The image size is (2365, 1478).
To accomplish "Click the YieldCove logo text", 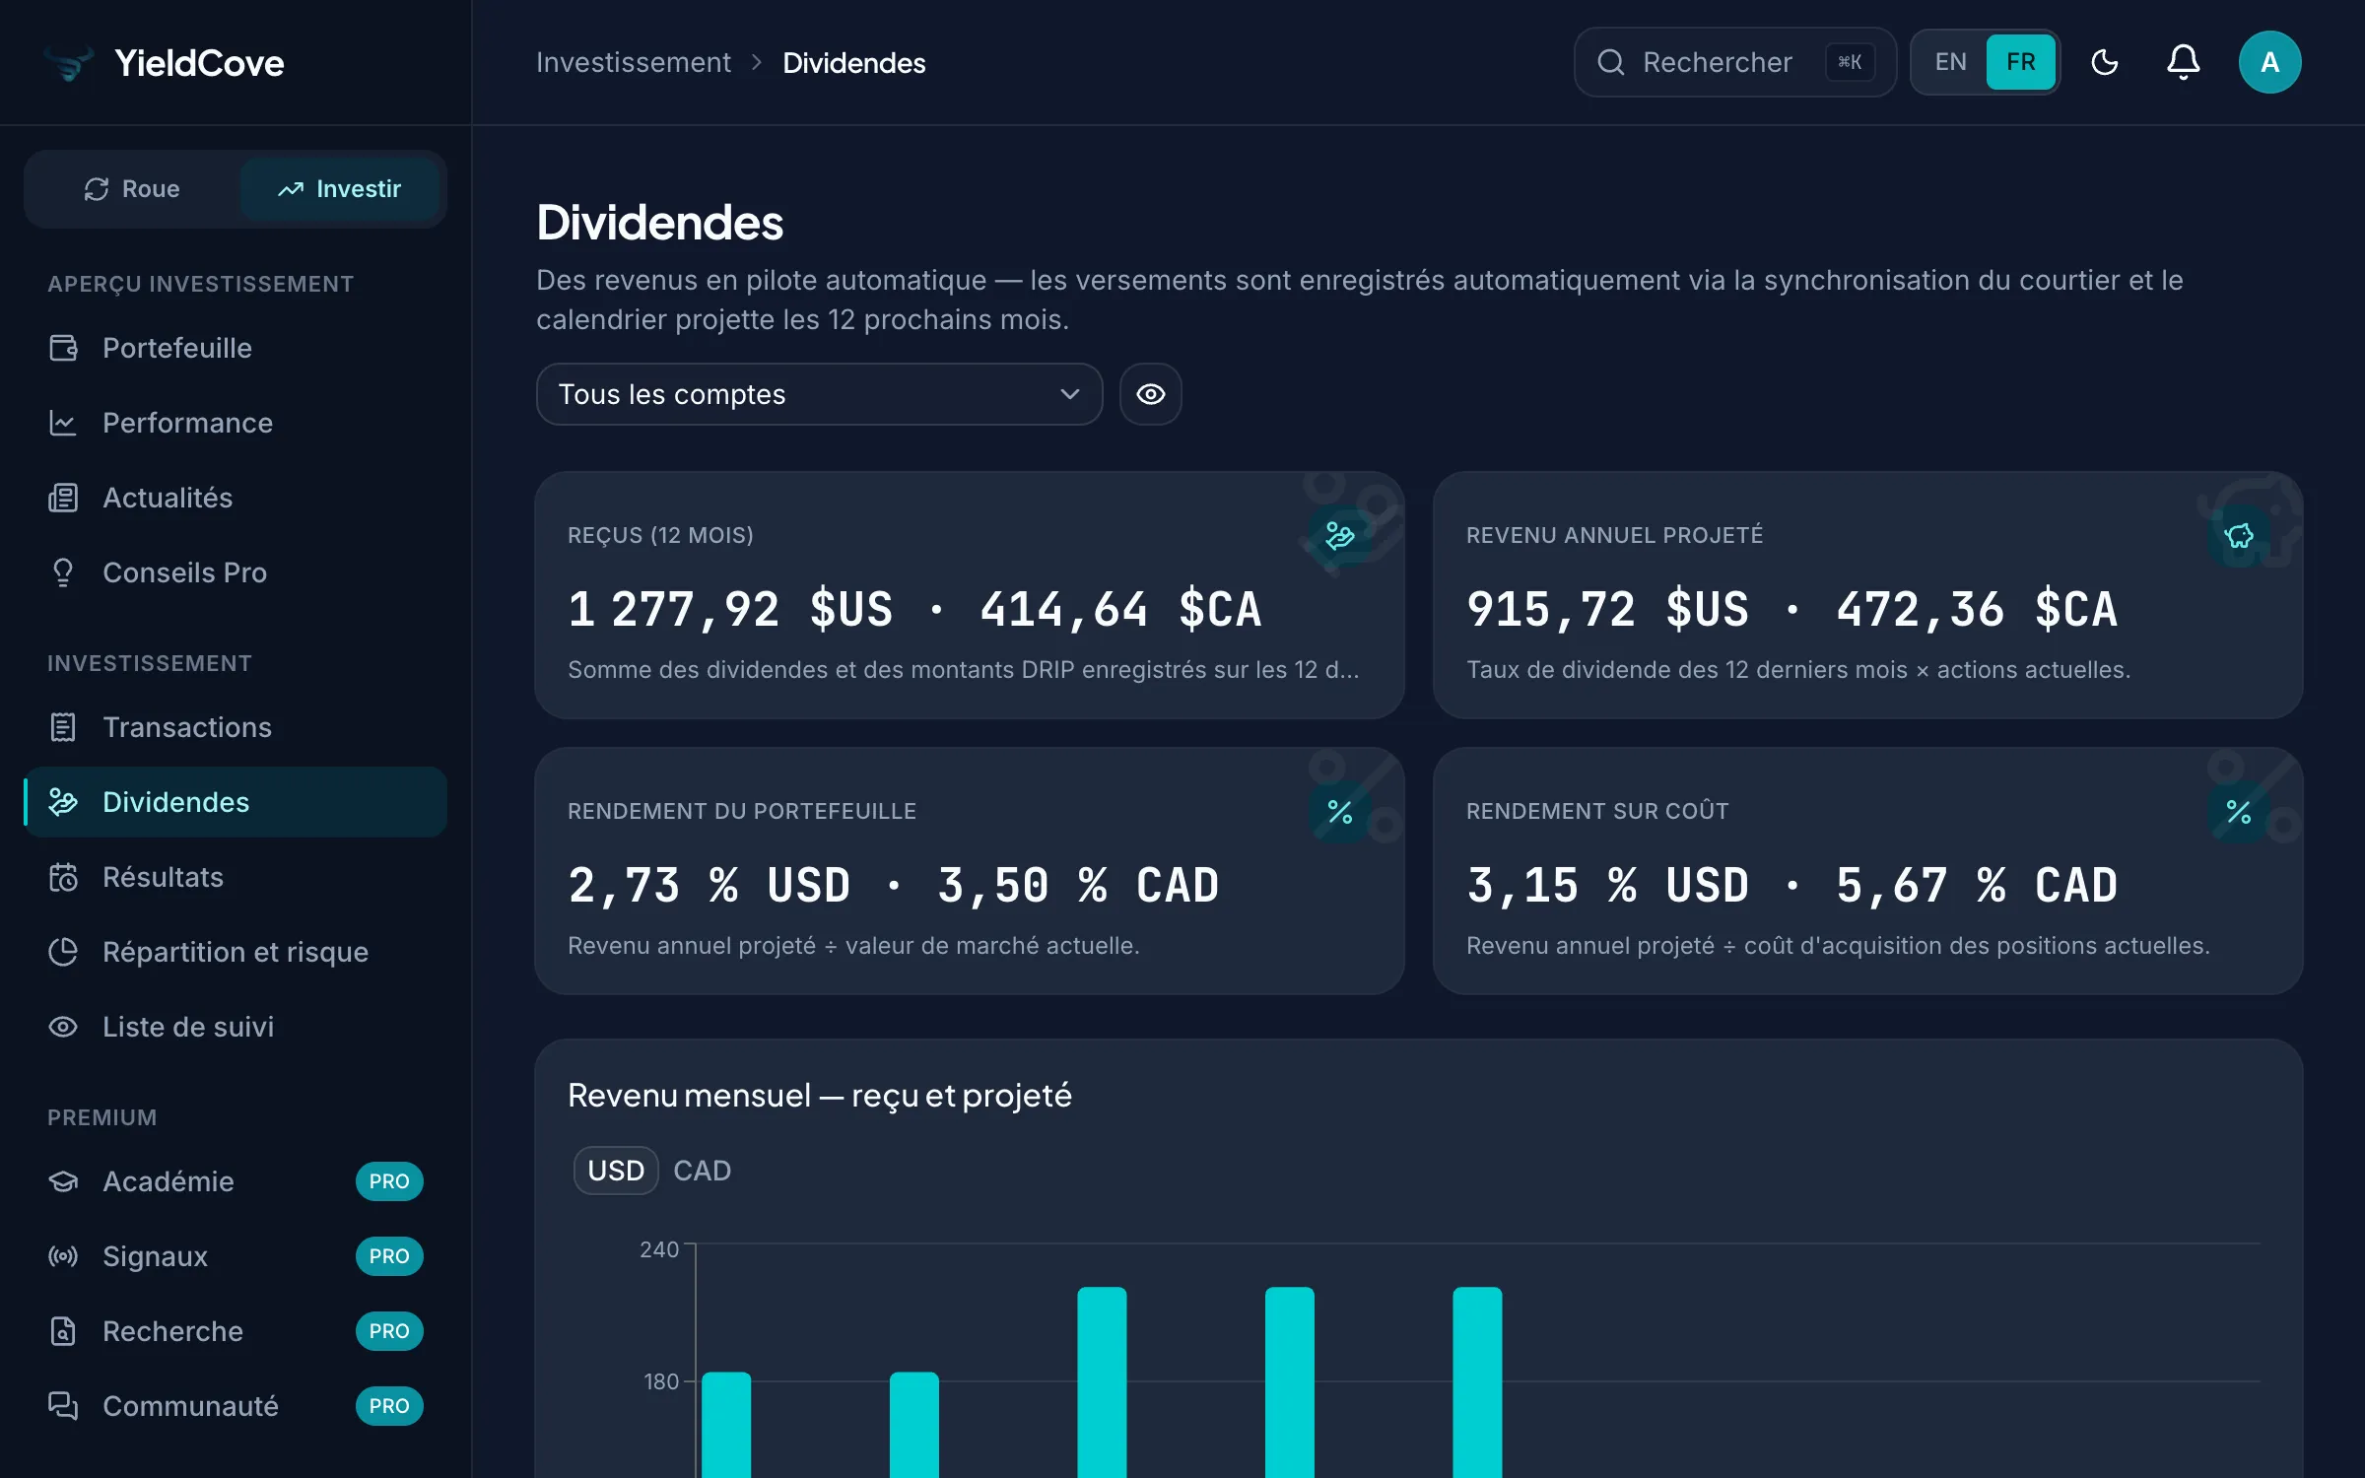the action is [x=199, y=63].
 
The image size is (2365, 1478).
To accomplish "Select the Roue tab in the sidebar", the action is [x=132, y=188].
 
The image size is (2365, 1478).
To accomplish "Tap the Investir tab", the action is [x=340, y=188].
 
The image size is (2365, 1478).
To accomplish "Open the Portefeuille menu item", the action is [x=177, y=348].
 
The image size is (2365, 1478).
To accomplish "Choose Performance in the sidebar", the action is [x=187, y=423].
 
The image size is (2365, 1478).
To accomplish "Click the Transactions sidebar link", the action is [x=187, y=727].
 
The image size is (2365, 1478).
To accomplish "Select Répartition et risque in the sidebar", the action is [x=236, y=952].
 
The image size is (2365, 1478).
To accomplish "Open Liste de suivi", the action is [x=188, y=1027].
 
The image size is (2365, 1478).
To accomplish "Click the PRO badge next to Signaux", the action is [x=389, y=1256].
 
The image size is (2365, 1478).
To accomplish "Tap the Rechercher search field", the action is [x=1734, y=62].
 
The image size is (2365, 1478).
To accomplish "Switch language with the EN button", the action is [x=1950, y=62].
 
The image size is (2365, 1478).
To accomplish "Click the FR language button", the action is [x=2020, y=62].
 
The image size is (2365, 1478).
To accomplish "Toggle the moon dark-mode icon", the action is [x=2104, y=62].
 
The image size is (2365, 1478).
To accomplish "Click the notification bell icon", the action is [x=2183, y=62].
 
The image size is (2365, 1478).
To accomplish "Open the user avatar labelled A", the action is [x=2269, y=62].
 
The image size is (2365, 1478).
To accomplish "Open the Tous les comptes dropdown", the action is [x=819, y=394].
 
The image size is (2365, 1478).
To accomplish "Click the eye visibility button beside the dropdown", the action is [x=1150, y=394].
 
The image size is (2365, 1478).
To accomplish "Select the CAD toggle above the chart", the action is [x=702, y=1171].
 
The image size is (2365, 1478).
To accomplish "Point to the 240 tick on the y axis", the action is [x=659, y=1249].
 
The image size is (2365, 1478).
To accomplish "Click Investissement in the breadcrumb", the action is [x=634, y=63].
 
